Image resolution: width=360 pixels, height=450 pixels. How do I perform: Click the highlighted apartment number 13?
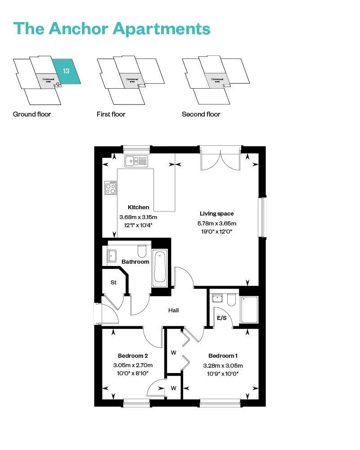click(66, 71)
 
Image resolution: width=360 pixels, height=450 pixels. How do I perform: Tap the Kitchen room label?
click(138, 207)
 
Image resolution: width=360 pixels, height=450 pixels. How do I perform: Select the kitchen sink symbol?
click(136, 161)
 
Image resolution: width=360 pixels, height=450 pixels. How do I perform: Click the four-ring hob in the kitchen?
click(111, 187)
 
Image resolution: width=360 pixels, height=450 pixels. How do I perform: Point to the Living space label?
click(217, 213)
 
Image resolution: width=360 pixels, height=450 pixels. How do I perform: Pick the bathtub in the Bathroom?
click(160, 267)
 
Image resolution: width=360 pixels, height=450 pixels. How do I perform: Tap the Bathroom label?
click(135, 261)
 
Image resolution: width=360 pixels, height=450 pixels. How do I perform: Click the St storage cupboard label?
click(113, 282)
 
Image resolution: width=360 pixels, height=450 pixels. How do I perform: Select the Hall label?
click(173, 310)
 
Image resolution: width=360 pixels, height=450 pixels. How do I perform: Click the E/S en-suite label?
click(222, 318)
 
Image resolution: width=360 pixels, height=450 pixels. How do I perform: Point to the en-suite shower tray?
click(249, 310)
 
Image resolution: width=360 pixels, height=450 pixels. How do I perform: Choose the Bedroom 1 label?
click(220, 355)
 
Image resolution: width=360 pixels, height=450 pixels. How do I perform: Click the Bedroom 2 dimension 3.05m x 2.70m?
click(133, 365)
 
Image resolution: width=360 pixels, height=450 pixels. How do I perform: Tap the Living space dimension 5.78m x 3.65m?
click(217, 223)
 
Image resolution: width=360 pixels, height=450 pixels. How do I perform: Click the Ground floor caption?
click(32, 114)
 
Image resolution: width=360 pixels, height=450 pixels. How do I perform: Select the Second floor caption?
click(201, 114)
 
